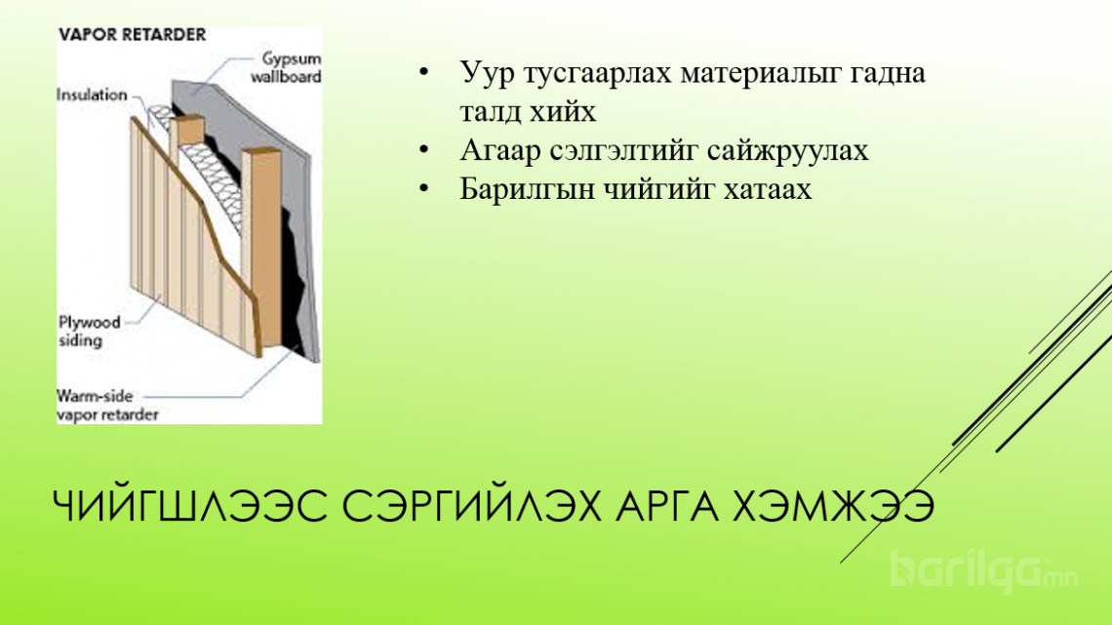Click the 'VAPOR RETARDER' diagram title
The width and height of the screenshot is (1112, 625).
[132, 35]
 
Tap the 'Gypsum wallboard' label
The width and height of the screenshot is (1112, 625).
[287, 67]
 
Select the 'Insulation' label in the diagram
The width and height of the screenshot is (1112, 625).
[92, 95]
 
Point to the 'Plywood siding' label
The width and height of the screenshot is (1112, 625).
[90, 331]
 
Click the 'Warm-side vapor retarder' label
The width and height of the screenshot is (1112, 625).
[108, 406]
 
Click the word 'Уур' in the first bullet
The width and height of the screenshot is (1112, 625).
[487, 73]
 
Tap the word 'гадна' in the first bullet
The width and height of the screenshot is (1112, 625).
[885, 73]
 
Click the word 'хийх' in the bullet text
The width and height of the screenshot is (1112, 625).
[565, 111]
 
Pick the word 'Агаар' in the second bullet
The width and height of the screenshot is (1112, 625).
[500, 150]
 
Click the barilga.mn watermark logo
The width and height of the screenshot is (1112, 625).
[984, 571]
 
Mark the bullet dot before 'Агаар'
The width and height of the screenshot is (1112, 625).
[424, 150]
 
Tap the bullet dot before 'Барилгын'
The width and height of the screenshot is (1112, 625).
[424, 188]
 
